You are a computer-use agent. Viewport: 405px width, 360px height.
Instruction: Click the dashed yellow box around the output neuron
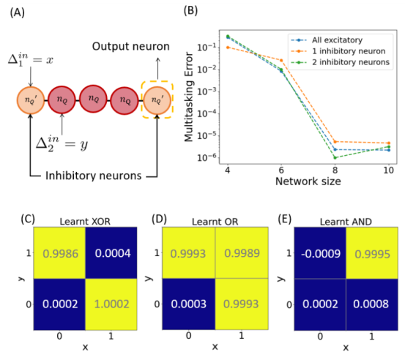click(141, 100)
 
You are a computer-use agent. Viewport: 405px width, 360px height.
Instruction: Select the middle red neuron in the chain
click(93, 99)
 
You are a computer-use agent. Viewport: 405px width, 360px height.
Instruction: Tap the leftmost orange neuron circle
click(31, 100)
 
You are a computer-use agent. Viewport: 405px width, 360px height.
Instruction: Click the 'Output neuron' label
click(130, 46)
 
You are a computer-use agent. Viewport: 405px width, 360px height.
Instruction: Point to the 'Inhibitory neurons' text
click(94, 176)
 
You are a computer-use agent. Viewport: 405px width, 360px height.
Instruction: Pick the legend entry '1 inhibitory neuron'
click(349, 51)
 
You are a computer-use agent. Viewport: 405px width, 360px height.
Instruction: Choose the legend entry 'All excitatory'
click(337, 40)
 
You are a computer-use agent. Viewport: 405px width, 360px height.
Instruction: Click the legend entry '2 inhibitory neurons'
click(351, 62)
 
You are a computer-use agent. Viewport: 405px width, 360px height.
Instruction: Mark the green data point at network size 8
click(335, 157)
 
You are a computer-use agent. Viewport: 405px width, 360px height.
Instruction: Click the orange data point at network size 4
click(228, 48)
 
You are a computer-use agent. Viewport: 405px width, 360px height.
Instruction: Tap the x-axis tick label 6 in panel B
click(281, 170)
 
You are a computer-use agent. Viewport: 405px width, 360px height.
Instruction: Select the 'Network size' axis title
click(308, 181)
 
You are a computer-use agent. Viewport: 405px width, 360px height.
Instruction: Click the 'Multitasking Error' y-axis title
click(189, 97)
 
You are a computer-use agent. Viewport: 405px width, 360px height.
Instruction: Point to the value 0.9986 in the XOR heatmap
click(61, 254)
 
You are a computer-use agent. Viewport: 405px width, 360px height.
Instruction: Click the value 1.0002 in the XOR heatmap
click(111, 304)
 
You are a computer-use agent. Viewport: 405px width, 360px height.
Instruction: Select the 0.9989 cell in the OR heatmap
click(242, 253)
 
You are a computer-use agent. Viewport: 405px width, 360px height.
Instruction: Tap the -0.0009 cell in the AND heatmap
click(320, 253)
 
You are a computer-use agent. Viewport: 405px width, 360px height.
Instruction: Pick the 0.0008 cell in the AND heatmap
click(372, 304)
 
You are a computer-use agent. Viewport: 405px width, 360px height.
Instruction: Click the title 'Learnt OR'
click(215, 222)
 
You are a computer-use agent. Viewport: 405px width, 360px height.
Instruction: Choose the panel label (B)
click(190, 11)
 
